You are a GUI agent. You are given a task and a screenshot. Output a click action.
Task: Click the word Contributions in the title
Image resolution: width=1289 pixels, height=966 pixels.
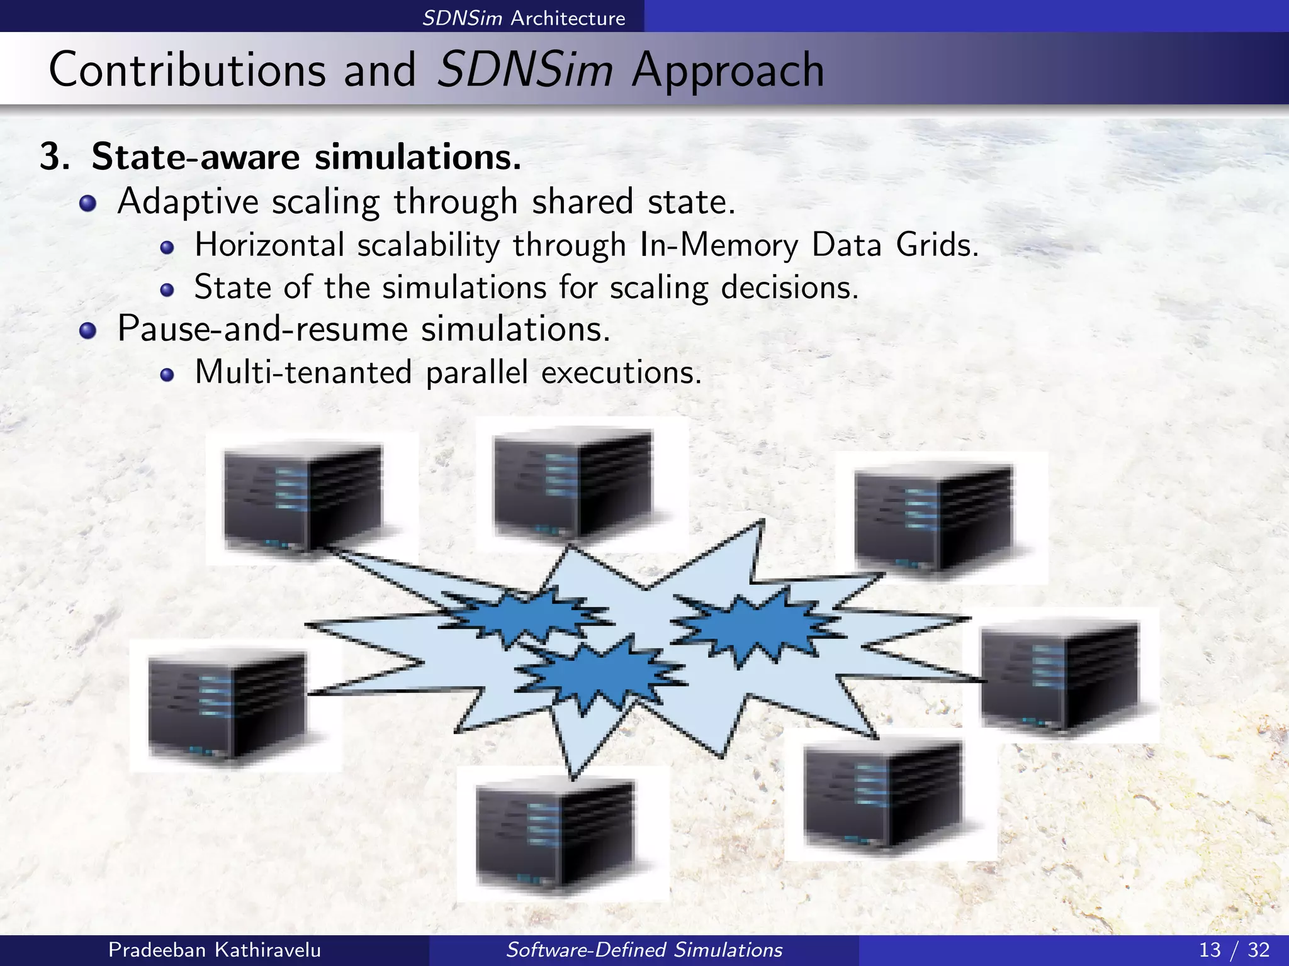[187, 69]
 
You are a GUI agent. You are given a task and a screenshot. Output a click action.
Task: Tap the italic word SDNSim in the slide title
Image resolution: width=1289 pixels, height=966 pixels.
[524, 69]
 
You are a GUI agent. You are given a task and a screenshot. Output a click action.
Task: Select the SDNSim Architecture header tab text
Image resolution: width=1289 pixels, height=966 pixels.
[524, 18]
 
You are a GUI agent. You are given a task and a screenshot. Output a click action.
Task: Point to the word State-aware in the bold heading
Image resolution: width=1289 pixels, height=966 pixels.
[195, 157]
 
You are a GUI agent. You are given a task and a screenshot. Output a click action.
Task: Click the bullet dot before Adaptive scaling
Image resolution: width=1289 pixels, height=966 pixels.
[88, 203]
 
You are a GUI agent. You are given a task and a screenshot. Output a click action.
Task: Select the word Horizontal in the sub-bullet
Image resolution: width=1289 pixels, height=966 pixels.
[269, 245]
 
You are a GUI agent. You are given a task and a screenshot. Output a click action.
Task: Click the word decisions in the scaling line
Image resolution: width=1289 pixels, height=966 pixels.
[789, 287]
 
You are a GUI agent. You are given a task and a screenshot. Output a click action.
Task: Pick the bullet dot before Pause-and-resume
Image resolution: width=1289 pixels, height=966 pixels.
[88, 330]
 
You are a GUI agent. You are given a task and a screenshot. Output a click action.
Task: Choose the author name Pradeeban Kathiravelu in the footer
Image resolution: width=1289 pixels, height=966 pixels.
[215, 950]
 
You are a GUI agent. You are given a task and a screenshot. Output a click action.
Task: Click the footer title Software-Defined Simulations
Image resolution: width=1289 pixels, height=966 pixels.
[644, 950]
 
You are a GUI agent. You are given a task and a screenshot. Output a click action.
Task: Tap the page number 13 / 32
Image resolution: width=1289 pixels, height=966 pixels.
[1234, 950]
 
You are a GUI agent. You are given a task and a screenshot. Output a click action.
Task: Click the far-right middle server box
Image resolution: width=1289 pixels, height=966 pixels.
[1061, 676]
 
